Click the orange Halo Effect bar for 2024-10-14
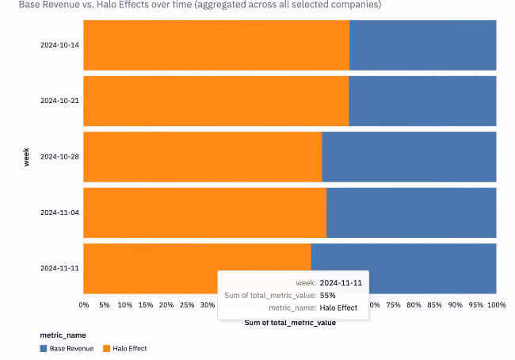(216, 44)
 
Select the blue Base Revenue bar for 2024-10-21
(422, 101)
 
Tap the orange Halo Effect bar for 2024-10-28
(202, 156)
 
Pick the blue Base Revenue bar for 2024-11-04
(411, 213)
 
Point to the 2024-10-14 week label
(59, 45)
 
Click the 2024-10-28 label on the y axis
(59, 157)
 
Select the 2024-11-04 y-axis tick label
(59, 213)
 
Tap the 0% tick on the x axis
(84, 304)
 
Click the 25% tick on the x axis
(187, 304)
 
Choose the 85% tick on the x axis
(434, 304)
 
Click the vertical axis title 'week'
(27, 156)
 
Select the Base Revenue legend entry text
(71, 348)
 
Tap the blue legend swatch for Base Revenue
(43, 348)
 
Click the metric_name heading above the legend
(63, 335)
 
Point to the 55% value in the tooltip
(328, 295)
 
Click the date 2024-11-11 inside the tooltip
(341, 282)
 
